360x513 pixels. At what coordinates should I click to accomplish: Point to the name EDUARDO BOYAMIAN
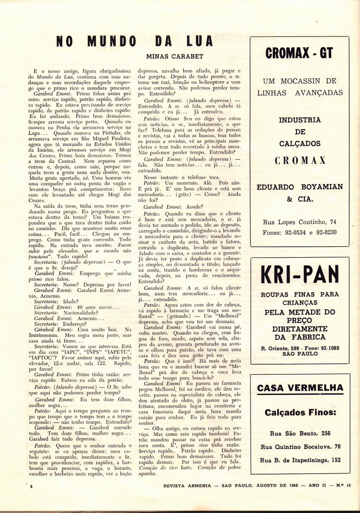click(x=300, y=187)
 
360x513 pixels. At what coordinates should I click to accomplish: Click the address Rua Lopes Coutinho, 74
click(x=300, y=222)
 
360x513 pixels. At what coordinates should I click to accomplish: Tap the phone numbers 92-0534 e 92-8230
click(x=300, y=232)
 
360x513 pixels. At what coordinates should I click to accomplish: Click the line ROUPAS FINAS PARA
click(x=300, y=295)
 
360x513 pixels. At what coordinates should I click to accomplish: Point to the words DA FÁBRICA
click(x=300, y=337)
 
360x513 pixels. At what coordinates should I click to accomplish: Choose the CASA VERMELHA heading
click(x=300, y=388)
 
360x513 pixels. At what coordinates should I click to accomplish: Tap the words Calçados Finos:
click(x=300, y=412)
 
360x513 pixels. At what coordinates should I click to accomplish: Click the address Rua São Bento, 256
click(x=300, y=433)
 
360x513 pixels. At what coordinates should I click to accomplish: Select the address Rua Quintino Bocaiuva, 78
click(x=300, y=446)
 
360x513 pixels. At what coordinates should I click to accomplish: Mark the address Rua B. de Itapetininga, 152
click(x=300, y=459)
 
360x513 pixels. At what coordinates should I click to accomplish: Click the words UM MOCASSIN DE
click(x=300, y=81)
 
